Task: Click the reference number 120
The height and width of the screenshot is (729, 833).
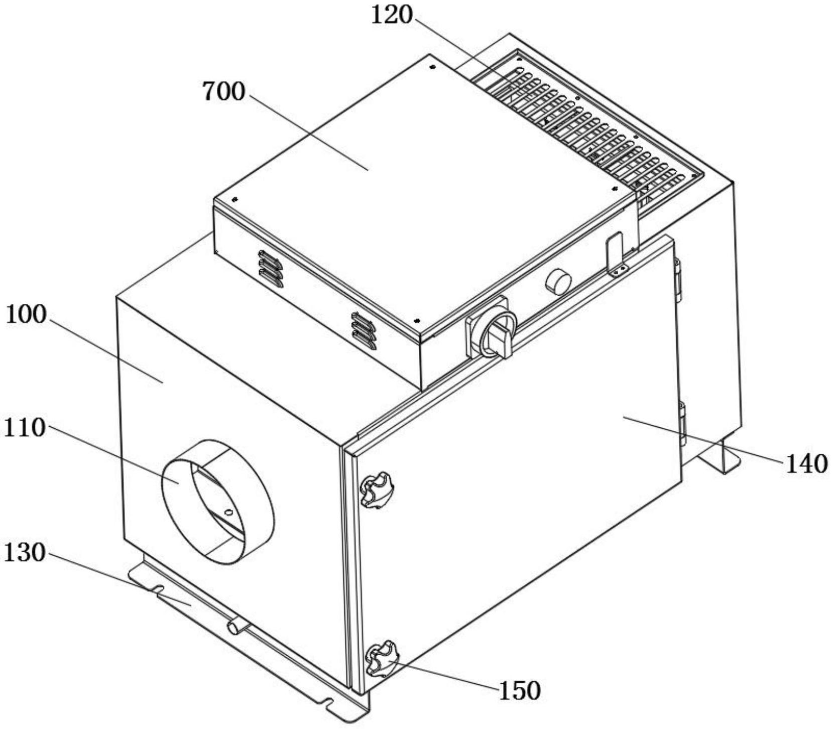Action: (x=392, y=15)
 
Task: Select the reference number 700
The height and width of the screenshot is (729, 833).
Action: (x=224, y=92)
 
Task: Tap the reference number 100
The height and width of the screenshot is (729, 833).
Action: (x=26, y=315)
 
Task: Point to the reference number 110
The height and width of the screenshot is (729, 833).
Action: (x=25, y=428)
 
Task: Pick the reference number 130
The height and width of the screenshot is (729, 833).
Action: (x=25, y=553)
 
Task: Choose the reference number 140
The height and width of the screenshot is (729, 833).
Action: (x=806, y=464)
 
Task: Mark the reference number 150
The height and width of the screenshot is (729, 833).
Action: (x=520, y=691)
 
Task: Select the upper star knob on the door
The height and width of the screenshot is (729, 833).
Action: (x=377, y=490)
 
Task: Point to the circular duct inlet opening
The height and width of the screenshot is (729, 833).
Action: (x=217, y=502)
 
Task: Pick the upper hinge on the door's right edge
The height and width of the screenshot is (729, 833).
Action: (x=678, y=280)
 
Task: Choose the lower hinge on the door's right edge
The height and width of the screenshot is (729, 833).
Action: (x=682, y=424)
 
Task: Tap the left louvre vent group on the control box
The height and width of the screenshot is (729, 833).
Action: (x=271, y=269)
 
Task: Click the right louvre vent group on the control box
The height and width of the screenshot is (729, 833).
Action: (x=364, y=331)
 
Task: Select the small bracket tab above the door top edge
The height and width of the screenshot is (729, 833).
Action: (x=617, y=255)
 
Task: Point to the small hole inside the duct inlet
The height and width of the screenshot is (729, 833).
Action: (x=228, y=513)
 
